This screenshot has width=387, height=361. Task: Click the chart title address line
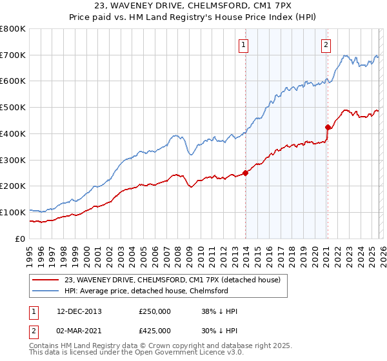(193, 8)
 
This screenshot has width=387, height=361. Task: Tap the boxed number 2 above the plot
(326, 44)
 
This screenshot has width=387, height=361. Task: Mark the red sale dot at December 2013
(245, 173)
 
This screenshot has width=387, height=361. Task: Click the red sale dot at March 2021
(328, 127)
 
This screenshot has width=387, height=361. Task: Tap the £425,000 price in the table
(154, 331)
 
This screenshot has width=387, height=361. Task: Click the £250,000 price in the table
(154, 311)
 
